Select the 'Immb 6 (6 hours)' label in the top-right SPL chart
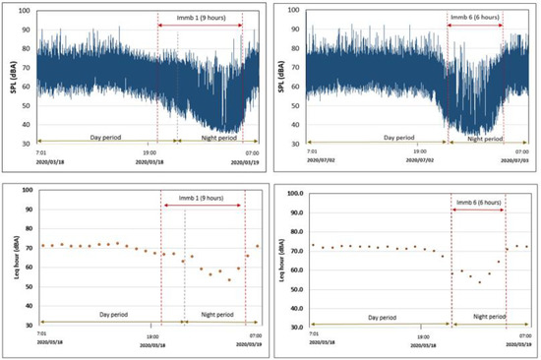pyautogui.click(x=475, y=17)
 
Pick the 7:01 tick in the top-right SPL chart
pyautogui.click(x=312, y=152)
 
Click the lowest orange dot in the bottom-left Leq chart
pyautogui.click(x=228, y=280)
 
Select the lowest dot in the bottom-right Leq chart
pyautogui.click(x=479, y=282)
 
